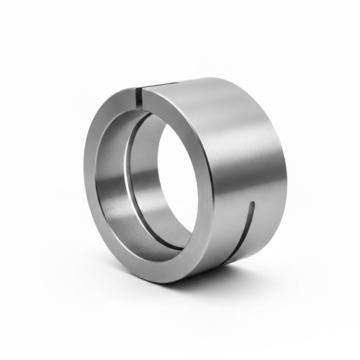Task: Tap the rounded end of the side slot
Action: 251,204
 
